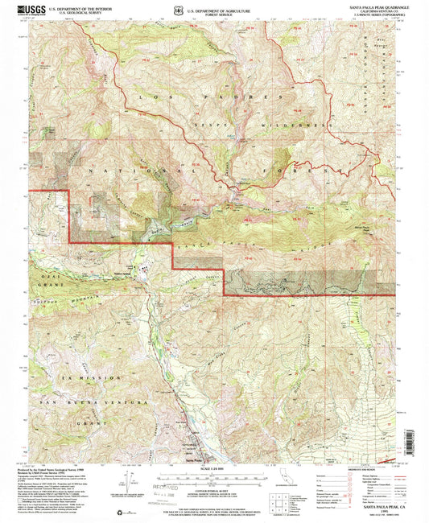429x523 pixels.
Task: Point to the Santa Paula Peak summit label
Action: pyautogui.click(x=361, y=229)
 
